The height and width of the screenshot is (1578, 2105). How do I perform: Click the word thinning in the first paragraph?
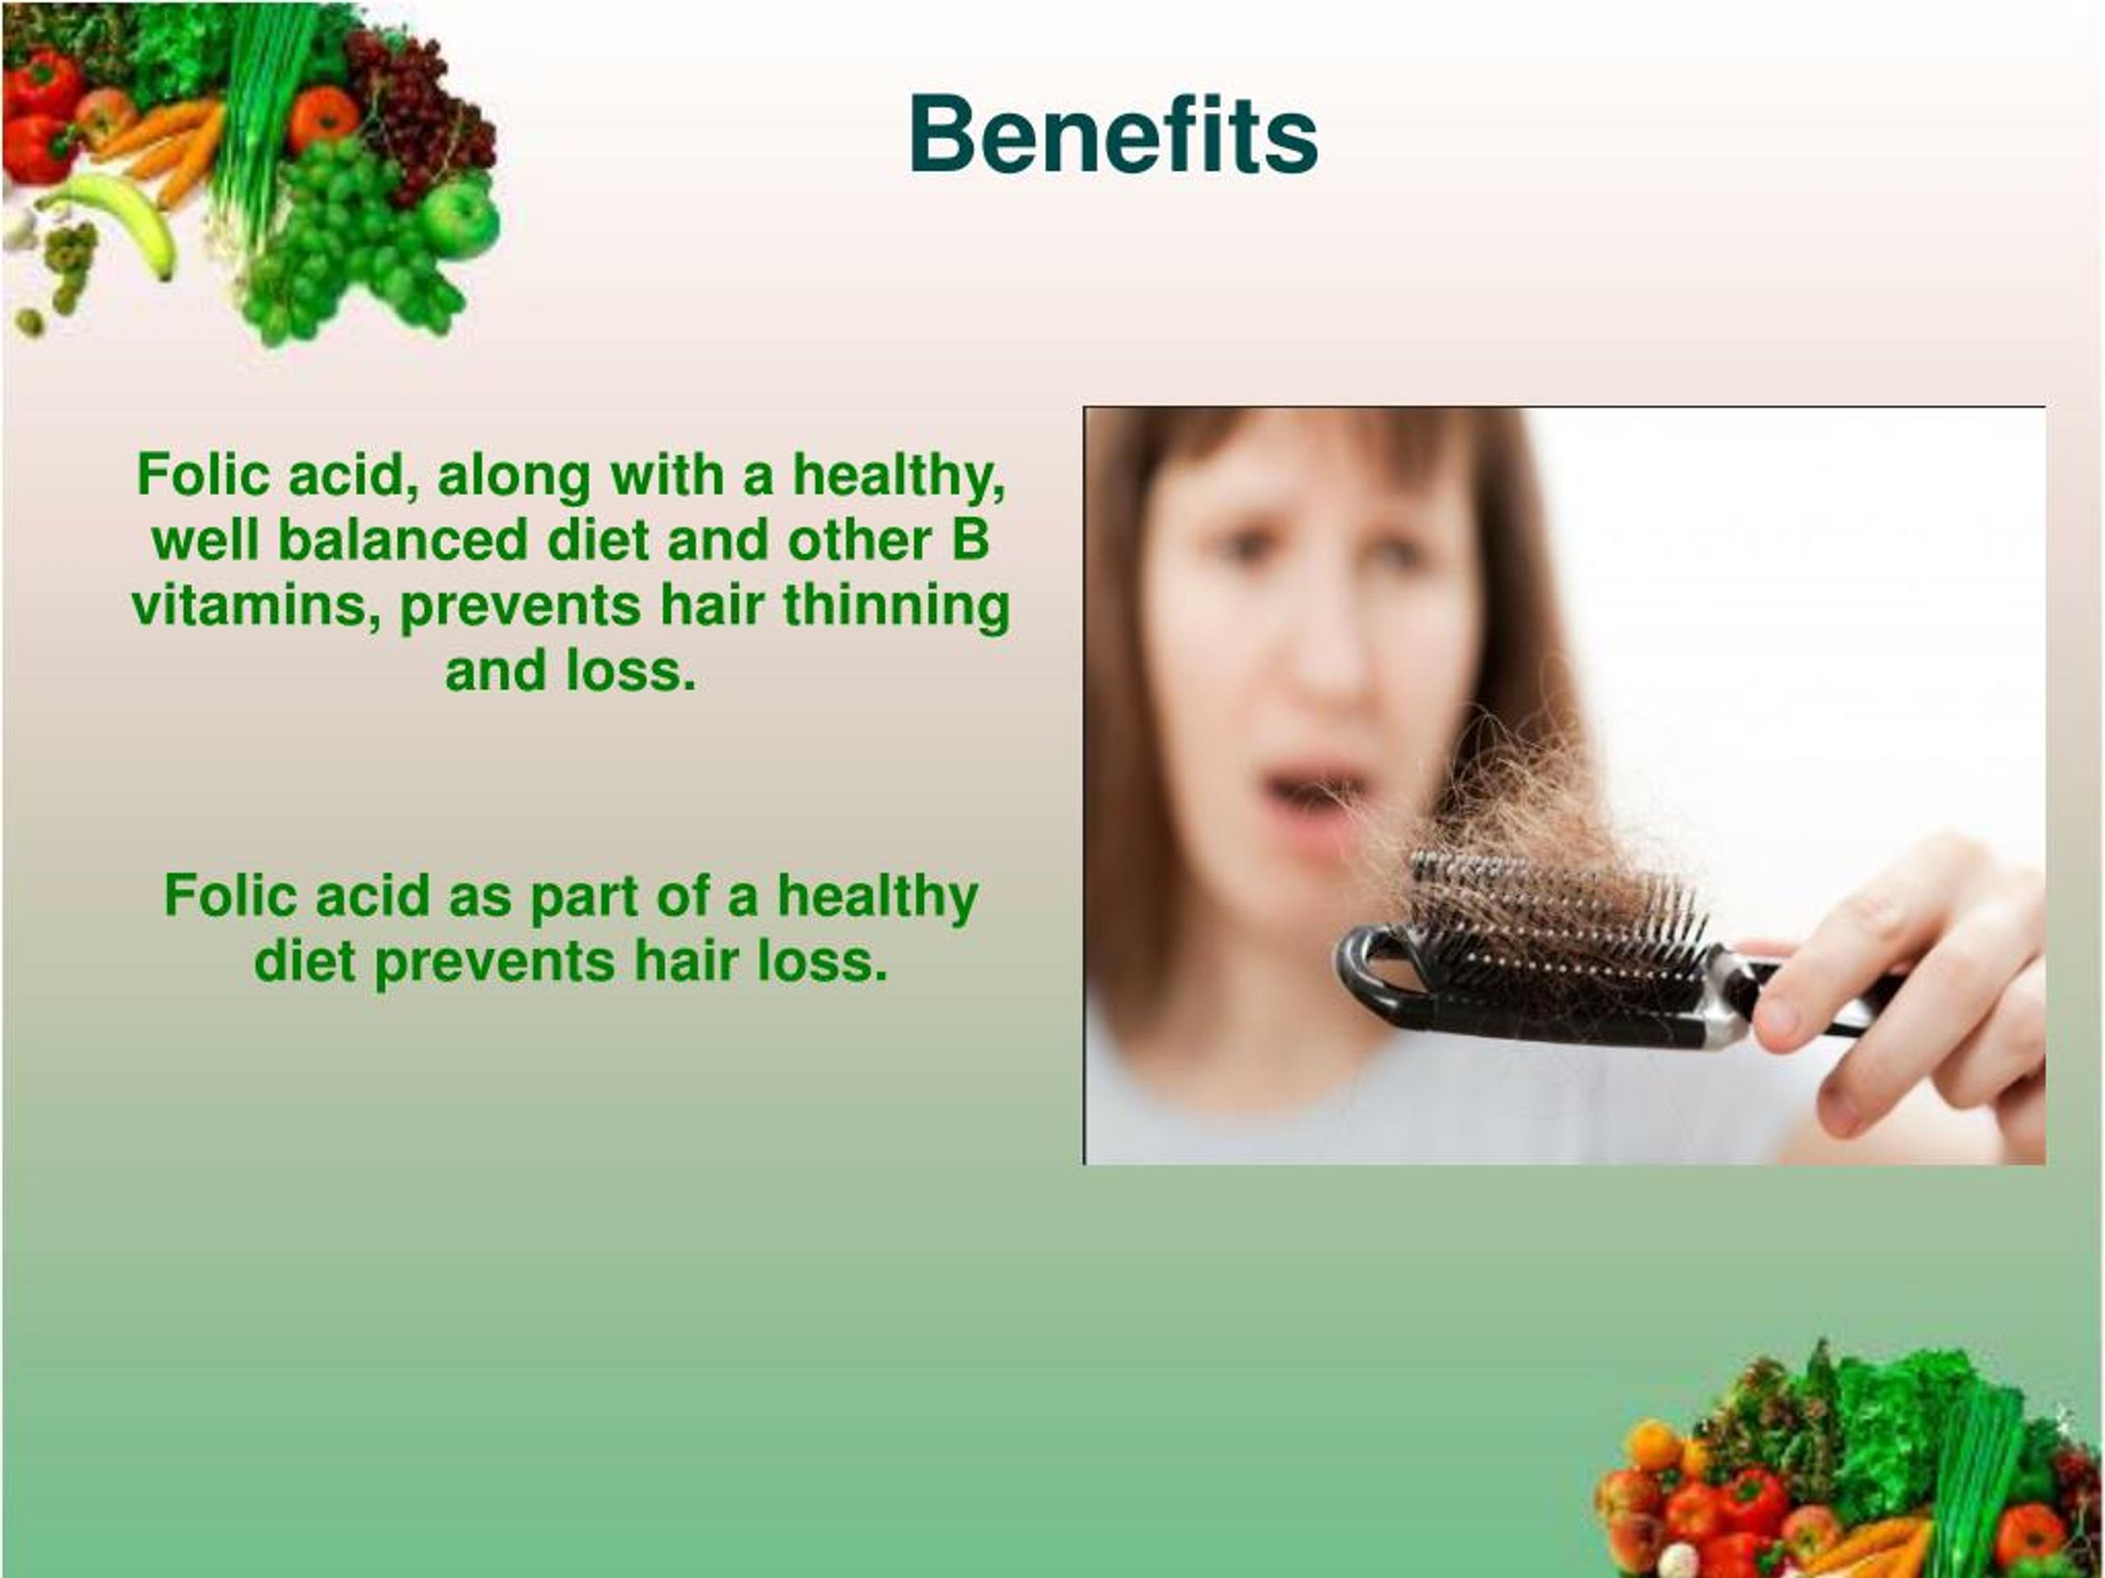click(895, 606)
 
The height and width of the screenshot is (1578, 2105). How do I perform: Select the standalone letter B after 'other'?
click(969, 540)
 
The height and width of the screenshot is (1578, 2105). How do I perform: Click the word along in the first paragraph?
click(514, 475)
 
